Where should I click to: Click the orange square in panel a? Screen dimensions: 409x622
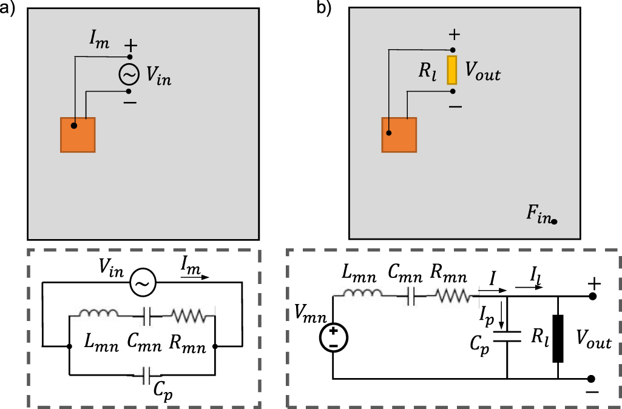[78, 134]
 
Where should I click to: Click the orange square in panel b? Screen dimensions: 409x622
[399, 135]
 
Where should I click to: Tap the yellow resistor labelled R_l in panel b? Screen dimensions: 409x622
[452, 70]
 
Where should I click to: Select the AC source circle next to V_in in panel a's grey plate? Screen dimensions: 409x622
[129, 75]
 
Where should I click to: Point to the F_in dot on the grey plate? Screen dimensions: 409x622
[555, 222]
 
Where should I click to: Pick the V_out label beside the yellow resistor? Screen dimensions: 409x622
[483, 72]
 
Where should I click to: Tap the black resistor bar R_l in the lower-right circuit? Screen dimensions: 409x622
[557, 339]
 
